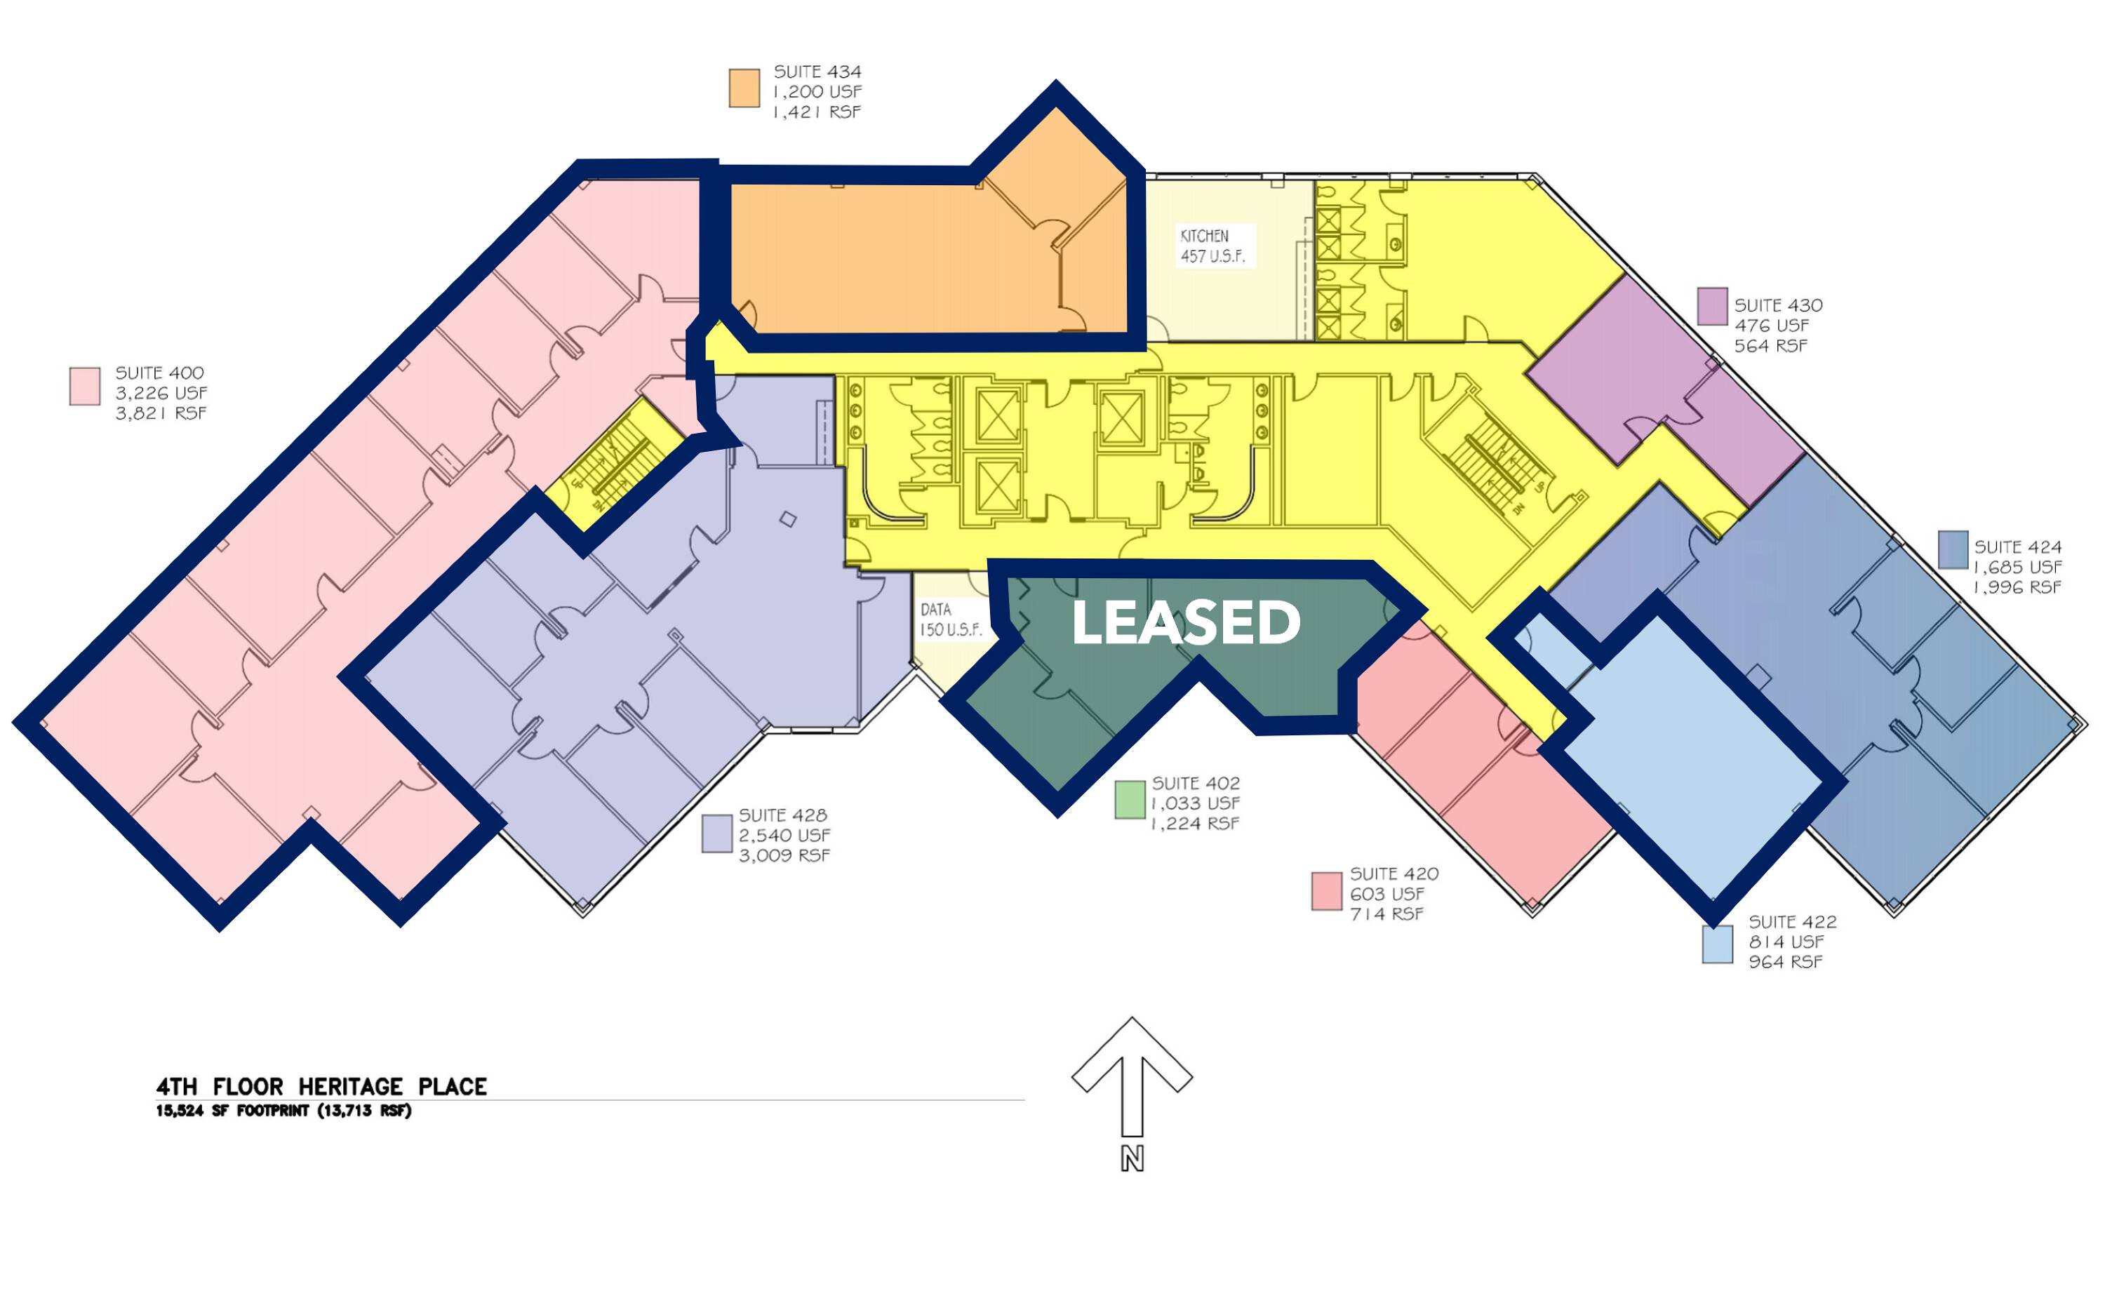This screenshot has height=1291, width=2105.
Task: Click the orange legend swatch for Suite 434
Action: [744, 88]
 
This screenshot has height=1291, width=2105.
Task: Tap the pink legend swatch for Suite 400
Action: [85, 386]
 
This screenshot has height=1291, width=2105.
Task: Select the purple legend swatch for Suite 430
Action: [1712, 306]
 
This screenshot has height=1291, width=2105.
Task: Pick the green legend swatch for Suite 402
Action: [1130, 800]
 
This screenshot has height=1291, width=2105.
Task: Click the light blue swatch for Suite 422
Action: [1717, 944]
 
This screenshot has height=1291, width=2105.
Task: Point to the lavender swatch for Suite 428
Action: [717, 833]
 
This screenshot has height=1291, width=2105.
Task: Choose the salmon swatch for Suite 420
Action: [1327, 891]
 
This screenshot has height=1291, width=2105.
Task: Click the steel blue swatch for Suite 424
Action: [1953, 549]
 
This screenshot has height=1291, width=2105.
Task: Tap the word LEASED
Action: [1186, 622]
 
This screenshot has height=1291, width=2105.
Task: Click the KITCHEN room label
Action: [1205, 236]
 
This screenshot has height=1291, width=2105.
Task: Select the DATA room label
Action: [935, 610]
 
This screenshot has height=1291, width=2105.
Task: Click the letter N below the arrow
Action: [1132, 1158]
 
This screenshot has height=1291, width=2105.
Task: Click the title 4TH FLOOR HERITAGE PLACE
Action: [321, 1087]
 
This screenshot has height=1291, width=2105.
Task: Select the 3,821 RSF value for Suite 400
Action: [161, 413]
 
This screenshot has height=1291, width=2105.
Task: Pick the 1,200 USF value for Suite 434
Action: [817, 91]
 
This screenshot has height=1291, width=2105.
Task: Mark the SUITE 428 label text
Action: [782, 815]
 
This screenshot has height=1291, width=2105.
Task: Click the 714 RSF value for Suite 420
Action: [1386, 914]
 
